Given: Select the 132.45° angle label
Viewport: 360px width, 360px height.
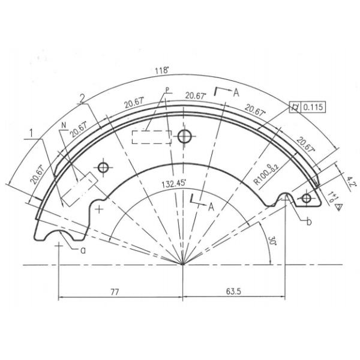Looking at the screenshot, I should [175, 184].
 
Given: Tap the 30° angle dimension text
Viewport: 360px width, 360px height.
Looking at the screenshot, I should [272, 241].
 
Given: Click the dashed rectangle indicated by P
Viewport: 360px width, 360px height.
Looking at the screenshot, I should [151, 137].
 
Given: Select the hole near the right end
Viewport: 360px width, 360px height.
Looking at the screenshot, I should [307, 197].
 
